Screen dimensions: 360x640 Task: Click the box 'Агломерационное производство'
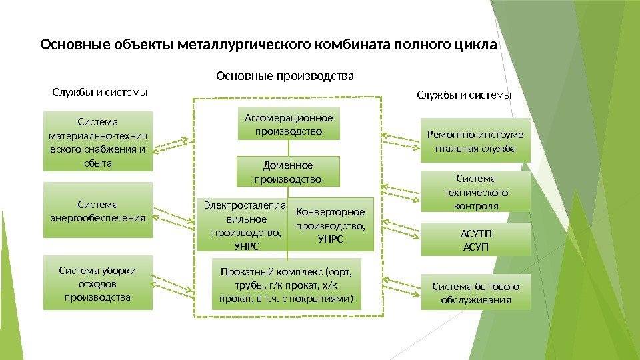coord(289,123)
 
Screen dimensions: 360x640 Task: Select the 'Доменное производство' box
coord(289,171)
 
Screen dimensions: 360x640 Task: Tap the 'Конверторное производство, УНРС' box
coord(331,224)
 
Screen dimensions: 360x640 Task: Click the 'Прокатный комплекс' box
coord(287,285)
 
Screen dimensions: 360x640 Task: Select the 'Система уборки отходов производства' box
coord(97,283)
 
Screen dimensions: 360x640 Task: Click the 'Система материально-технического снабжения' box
coord(97,142)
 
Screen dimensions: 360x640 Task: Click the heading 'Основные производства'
coord(285,76)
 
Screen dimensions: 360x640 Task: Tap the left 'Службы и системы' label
coord(100,91)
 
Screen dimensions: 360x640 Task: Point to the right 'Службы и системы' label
coord(465,95)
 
